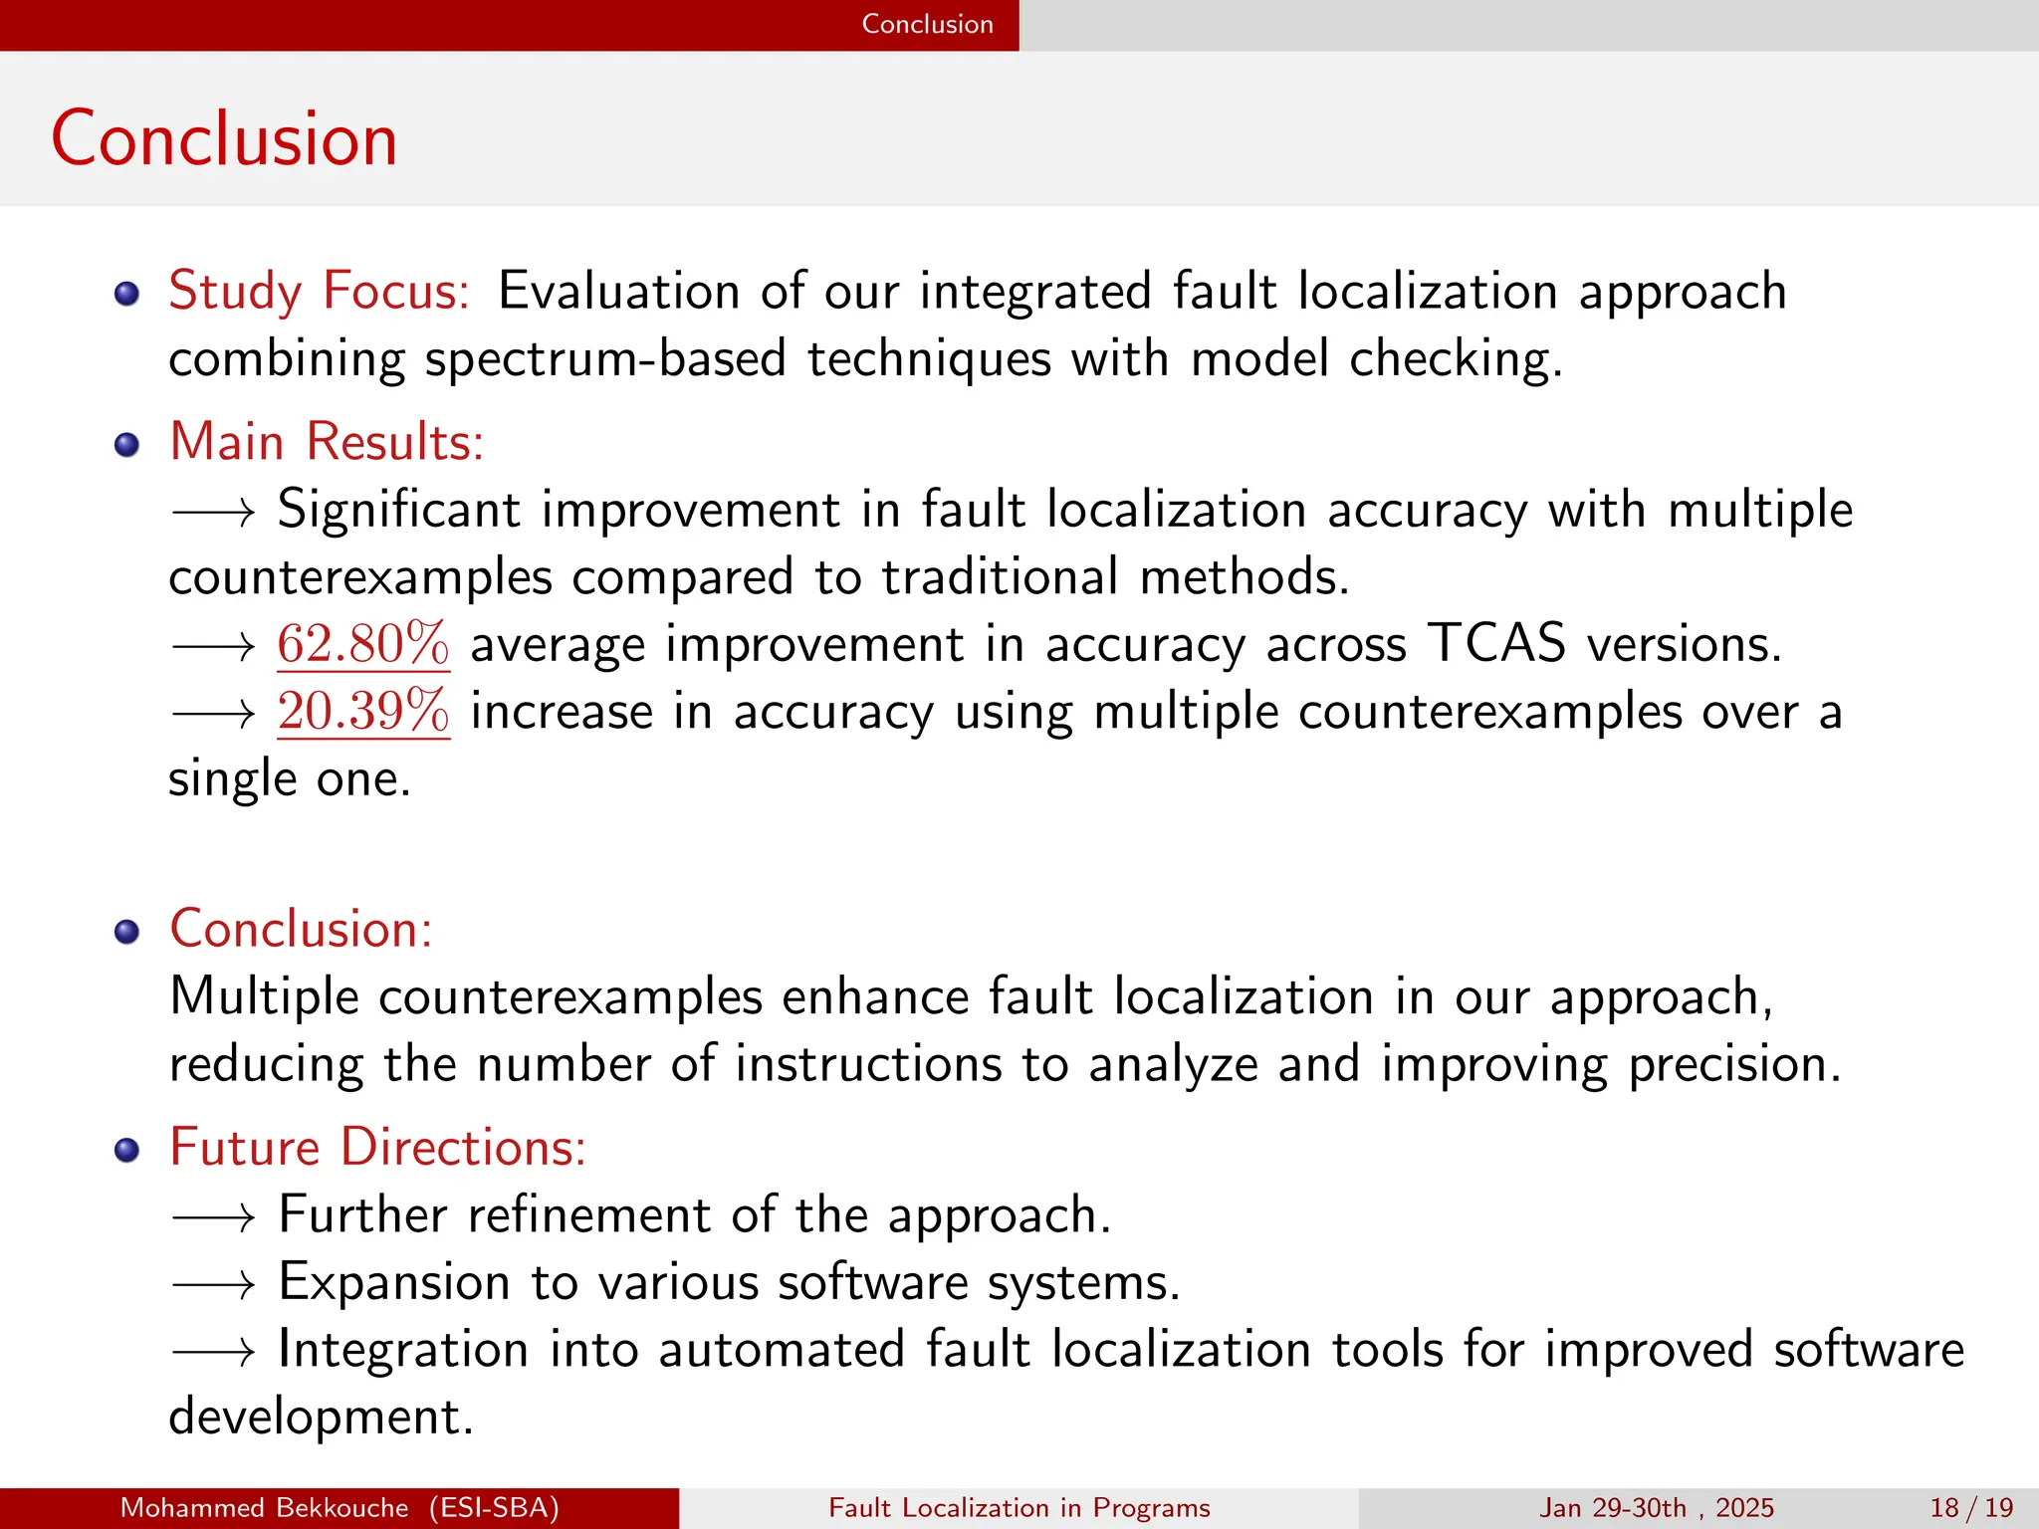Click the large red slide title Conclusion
[224, 138]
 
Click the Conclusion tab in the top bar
[927, 24]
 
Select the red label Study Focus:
[319, 291]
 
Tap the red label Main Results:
[327, 441]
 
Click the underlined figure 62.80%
[363, 644]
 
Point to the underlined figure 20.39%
[363, 712]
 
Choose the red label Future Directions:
[377, 1147]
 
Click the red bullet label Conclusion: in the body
[301, 929]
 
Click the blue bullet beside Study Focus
[126, 294]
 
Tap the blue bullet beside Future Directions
[126, 1151]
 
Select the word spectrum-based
[605, 359]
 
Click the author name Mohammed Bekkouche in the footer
[264, 1508]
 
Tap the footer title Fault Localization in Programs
[1019, 1508]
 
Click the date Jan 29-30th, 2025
[1657, 1508]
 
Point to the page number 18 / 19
[1971, 1508]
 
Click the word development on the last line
[320, 1417]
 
